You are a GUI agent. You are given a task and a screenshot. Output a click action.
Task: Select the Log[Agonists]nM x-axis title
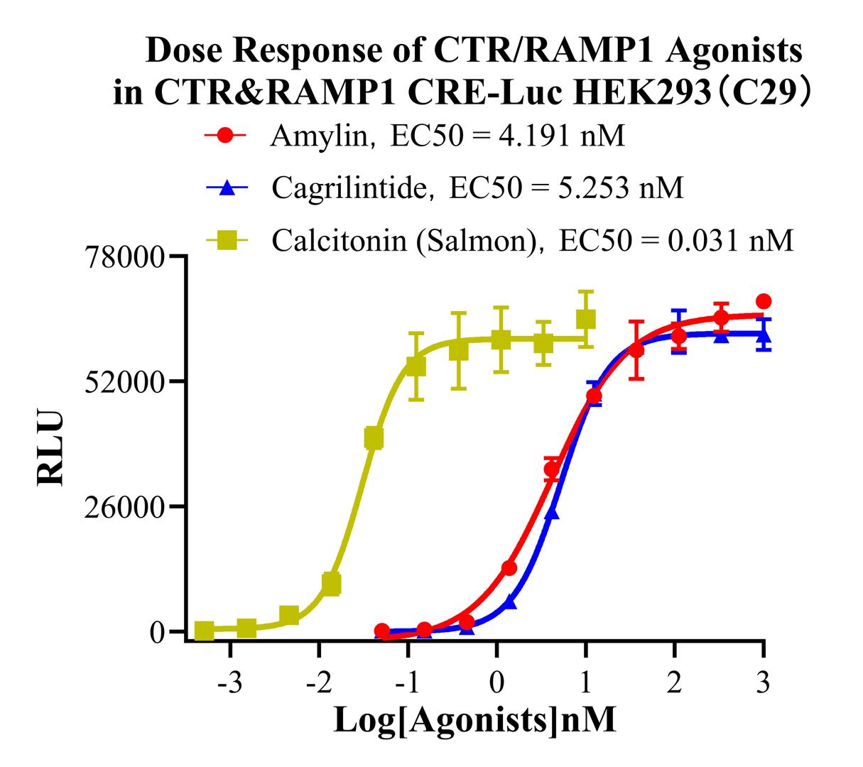point(474,719)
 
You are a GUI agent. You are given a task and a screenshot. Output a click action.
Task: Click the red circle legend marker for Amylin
point(225,135)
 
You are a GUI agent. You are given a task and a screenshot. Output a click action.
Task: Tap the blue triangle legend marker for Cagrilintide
point(225,188)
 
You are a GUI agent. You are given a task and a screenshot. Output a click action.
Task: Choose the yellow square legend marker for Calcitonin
point(225,241)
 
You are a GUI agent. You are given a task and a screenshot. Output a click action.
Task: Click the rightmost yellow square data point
point(585,320)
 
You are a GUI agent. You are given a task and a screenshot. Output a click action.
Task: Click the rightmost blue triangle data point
point(764,335)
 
